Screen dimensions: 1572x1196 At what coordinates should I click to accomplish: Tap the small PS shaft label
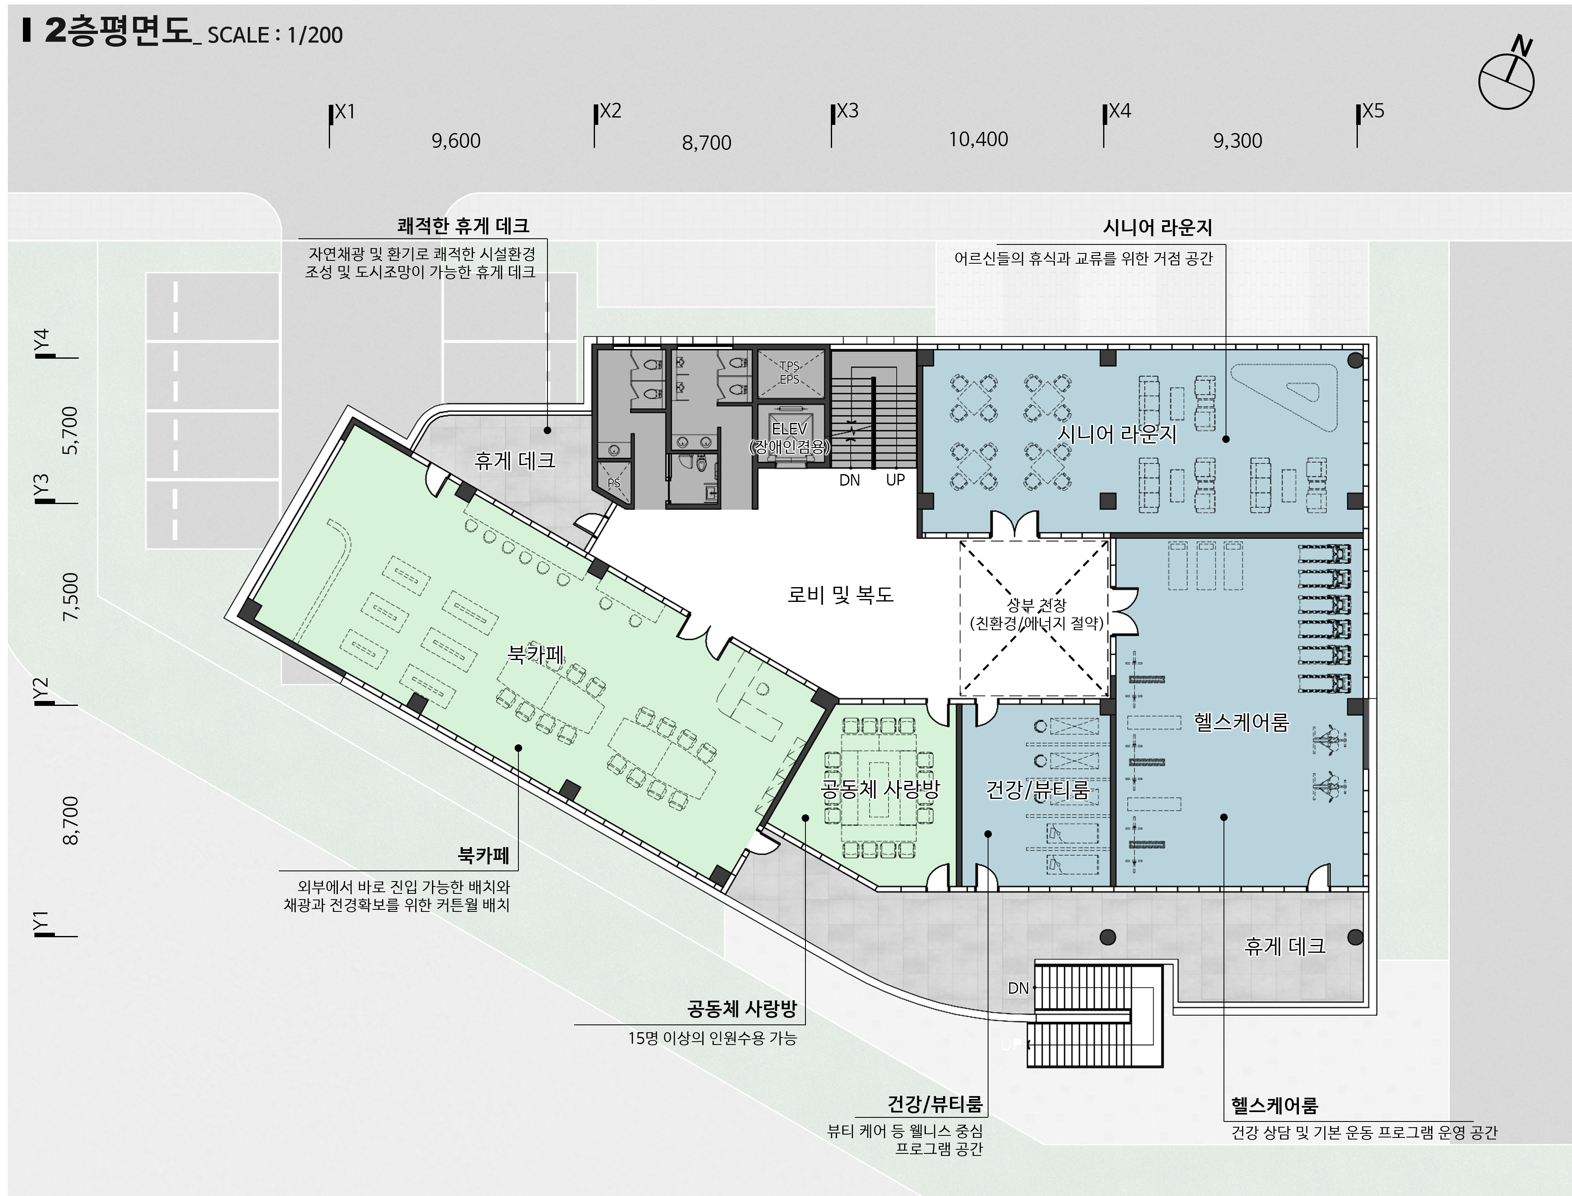(614, 483)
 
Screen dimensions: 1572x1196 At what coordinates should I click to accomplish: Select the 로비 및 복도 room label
(840, 595)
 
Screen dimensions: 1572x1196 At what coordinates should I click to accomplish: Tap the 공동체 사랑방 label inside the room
(881, 789)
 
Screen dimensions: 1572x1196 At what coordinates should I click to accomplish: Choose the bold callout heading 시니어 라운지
(1157, 227)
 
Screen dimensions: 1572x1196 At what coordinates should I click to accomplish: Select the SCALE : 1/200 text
(275, 35)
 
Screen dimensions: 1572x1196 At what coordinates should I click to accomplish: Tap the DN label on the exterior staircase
(1019, 988)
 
